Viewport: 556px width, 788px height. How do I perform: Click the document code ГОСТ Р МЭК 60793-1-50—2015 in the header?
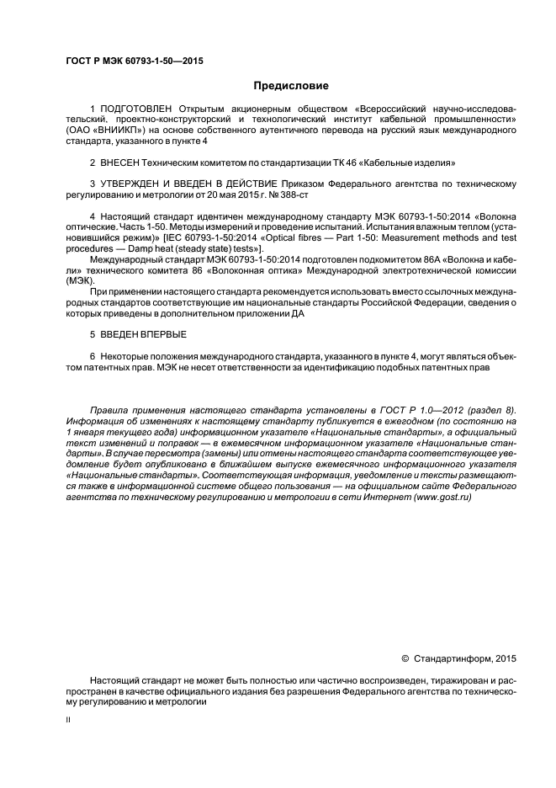point(135,61)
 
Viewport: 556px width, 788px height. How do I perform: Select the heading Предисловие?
point(291,86)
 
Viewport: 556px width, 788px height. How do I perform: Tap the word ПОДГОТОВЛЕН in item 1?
point(136,110)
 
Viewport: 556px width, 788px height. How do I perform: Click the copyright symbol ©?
point(405,659)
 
